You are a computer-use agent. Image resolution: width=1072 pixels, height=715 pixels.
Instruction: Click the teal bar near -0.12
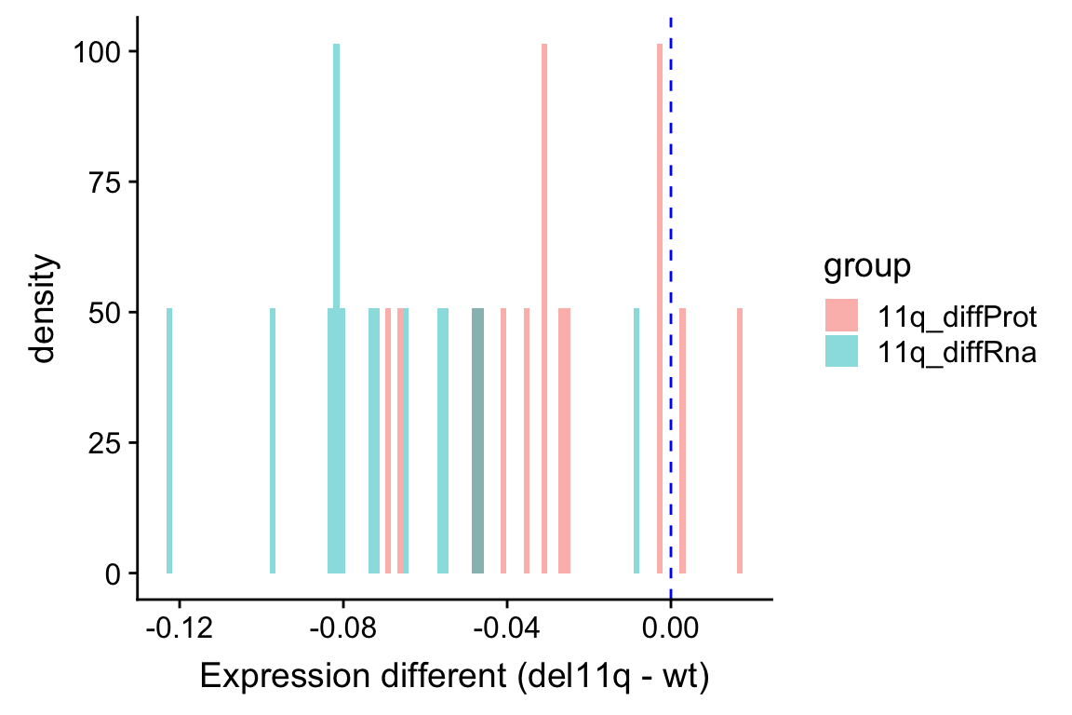(x=169, y=441)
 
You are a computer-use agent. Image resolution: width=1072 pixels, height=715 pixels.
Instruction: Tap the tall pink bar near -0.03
(x=543, y=307)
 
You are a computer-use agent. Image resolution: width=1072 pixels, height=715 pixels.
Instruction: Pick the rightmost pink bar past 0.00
(x=740, y=441)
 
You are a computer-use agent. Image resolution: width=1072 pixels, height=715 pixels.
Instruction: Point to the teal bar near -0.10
(x=273, y=441)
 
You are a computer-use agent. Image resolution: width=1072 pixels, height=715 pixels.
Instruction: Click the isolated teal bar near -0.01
(x=636, y=441)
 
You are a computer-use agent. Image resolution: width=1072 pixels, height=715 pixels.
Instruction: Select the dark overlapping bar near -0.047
(x=478, y=441)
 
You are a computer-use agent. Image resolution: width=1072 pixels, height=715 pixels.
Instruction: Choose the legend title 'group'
(x=865, y=267)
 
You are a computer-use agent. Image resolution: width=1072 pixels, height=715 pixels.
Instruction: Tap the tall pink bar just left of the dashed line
(x=659, y=307)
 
